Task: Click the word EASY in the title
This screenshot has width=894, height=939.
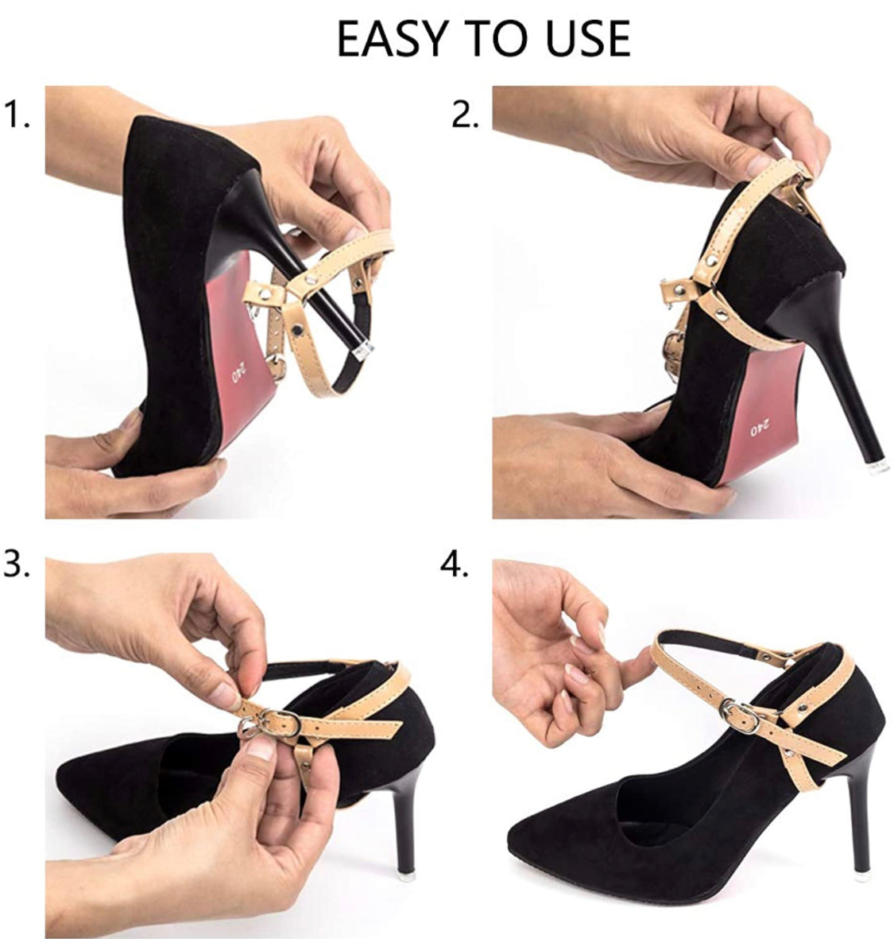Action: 391,38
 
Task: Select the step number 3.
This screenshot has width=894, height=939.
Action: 17,565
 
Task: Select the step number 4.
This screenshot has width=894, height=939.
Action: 455,565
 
